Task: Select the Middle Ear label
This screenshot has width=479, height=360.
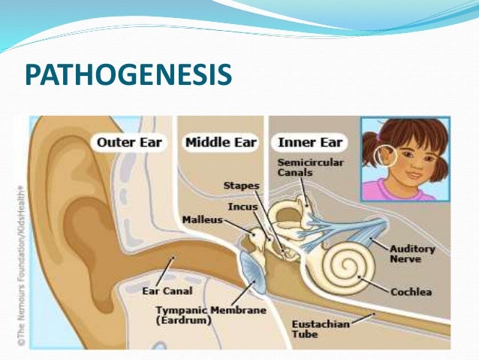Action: tap(221, 141)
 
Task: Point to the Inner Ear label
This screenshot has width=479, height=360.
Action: tap(310, 141)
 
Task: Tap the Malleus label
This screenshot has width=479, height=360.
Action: tap(202, 219)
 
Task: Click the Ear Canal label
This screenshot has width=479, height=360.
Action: tap(167, 290)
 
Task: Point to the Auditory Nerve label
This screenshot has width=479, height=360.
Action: tap(405, 253)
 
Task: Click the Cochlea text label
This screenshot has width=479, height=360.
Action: tap(411, 292)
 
